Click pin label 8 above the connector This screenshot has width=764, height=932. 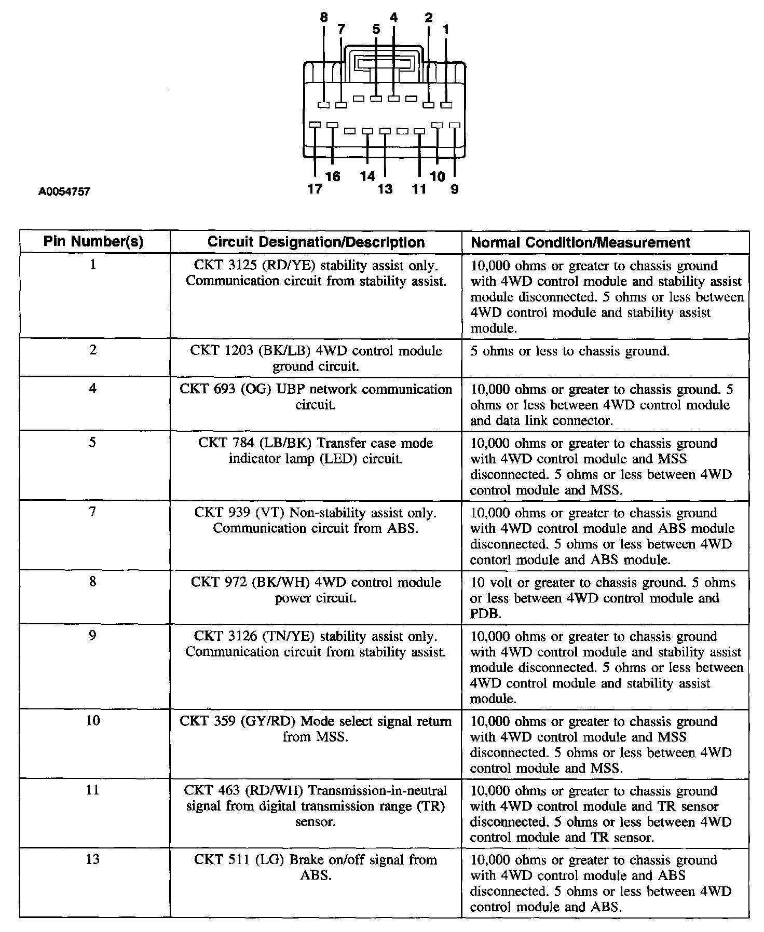[324, 18]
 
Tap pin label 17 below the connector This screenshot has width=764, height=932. [315, 189]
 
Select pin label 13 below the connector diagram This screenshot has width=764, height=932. [385, 189]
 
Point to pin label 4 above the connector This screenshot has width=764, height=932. [393, 18]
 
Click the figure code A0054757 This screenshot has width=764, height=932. [64, 192]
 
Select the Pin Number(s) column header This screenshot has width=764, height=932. [93, 242]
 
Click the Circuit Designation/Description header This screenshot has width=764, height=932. [316, 242]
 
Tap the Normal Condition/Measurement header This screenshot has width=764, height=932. [580, 242]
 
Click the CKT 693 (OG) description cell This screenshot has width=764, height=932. [316, 397]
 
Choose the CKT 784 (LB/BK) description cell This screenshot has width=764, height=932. [316, 451]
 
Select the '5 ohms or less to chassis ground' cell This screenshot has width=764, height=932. [570, 351]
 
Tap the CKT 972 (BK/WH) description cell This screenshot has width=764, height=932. [316, 590]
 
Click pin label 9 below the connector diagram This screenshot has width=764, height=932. [455, 189]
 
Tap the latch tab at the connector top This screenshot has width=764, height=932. [384, 64]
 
